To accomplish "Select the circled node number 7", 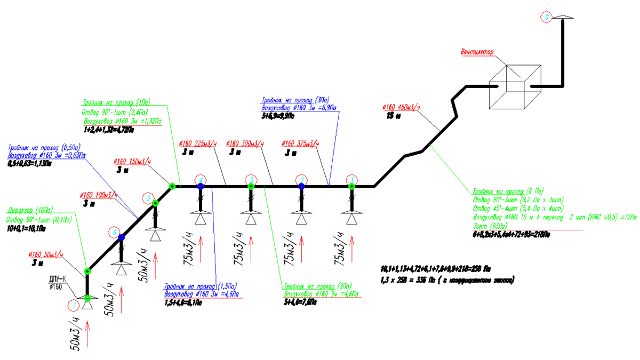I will pyautogui.click(x=73, y=306).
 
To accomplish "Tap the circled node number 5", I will pyautogui.click(x=149, y=198).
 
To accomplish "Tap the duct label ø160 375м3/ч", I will pyautogui.click(x=299, y=143).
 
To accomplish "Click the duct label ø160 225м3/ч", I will pyautogui.click(x=198, y=143).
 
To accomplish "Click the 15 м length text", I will pyautogui.click(x=393, y=115).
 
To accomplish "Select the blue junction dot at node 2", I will pyautogui.click(x=301, y=186).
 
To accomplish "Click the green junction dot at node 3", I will pyautogui.click(x=251, y=186).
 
